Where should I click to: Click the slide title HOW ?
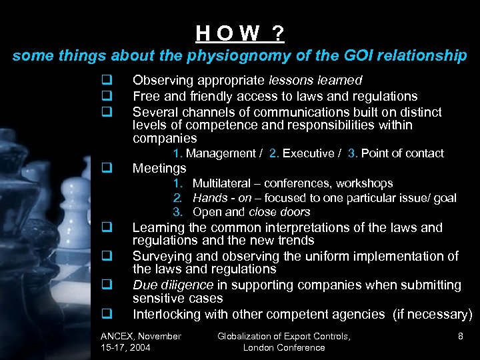click(x=240, y=32)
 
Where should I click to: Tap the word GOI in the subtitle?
click(x=359, y=56)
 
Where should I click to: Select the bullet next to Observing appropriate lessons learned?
click(x=105, y=81)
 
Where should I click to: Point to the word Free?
click(x=145, y=96)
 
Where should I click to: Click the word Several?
click(x=154, y=111)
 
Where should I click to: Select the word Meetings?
click(x=159, y=168)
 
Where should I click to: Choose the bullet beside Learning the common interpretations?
click(x=105, y=228)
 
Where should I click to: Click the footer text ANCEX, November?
click(x=140, y=336)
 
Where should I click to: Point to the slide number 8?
click(x=460, y=336)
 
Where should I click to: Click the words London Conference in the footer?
click(x=284, y=347)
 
